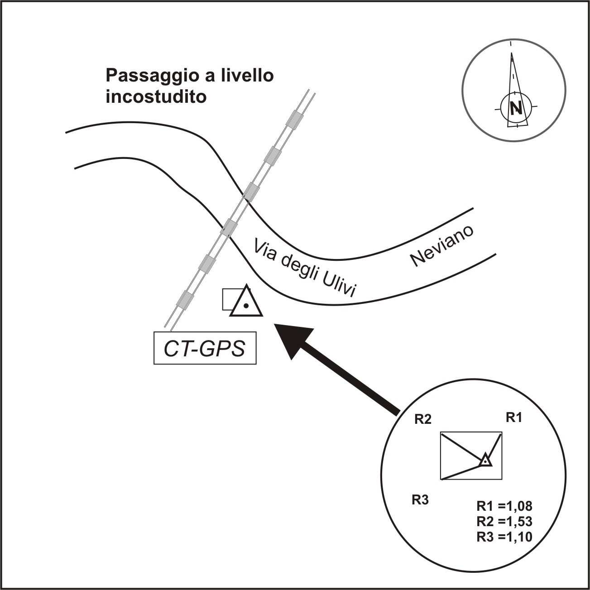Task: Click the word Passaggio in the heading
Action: click(x=149, y=76)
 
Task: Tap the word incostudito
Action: click(x=156, y=97)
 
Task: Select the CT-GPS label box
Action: click(x=205, y=348)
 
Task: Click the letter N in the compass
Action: click(x=515, y=108)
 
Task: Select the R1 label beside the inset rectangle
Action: click(x=513, y=417)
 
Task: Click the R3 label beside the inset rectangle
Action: click(x=420, y=500)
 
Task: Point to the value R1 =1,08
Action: click(x=504, y=505)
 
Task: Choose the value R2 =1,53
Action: click(x=504, y=521)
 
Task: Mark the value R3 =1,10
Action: click(x=504, y=537)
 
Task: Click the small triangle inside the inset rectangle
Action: click(x=485, y=460)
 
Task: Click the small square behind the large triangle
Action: click(x=229, y=299)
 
